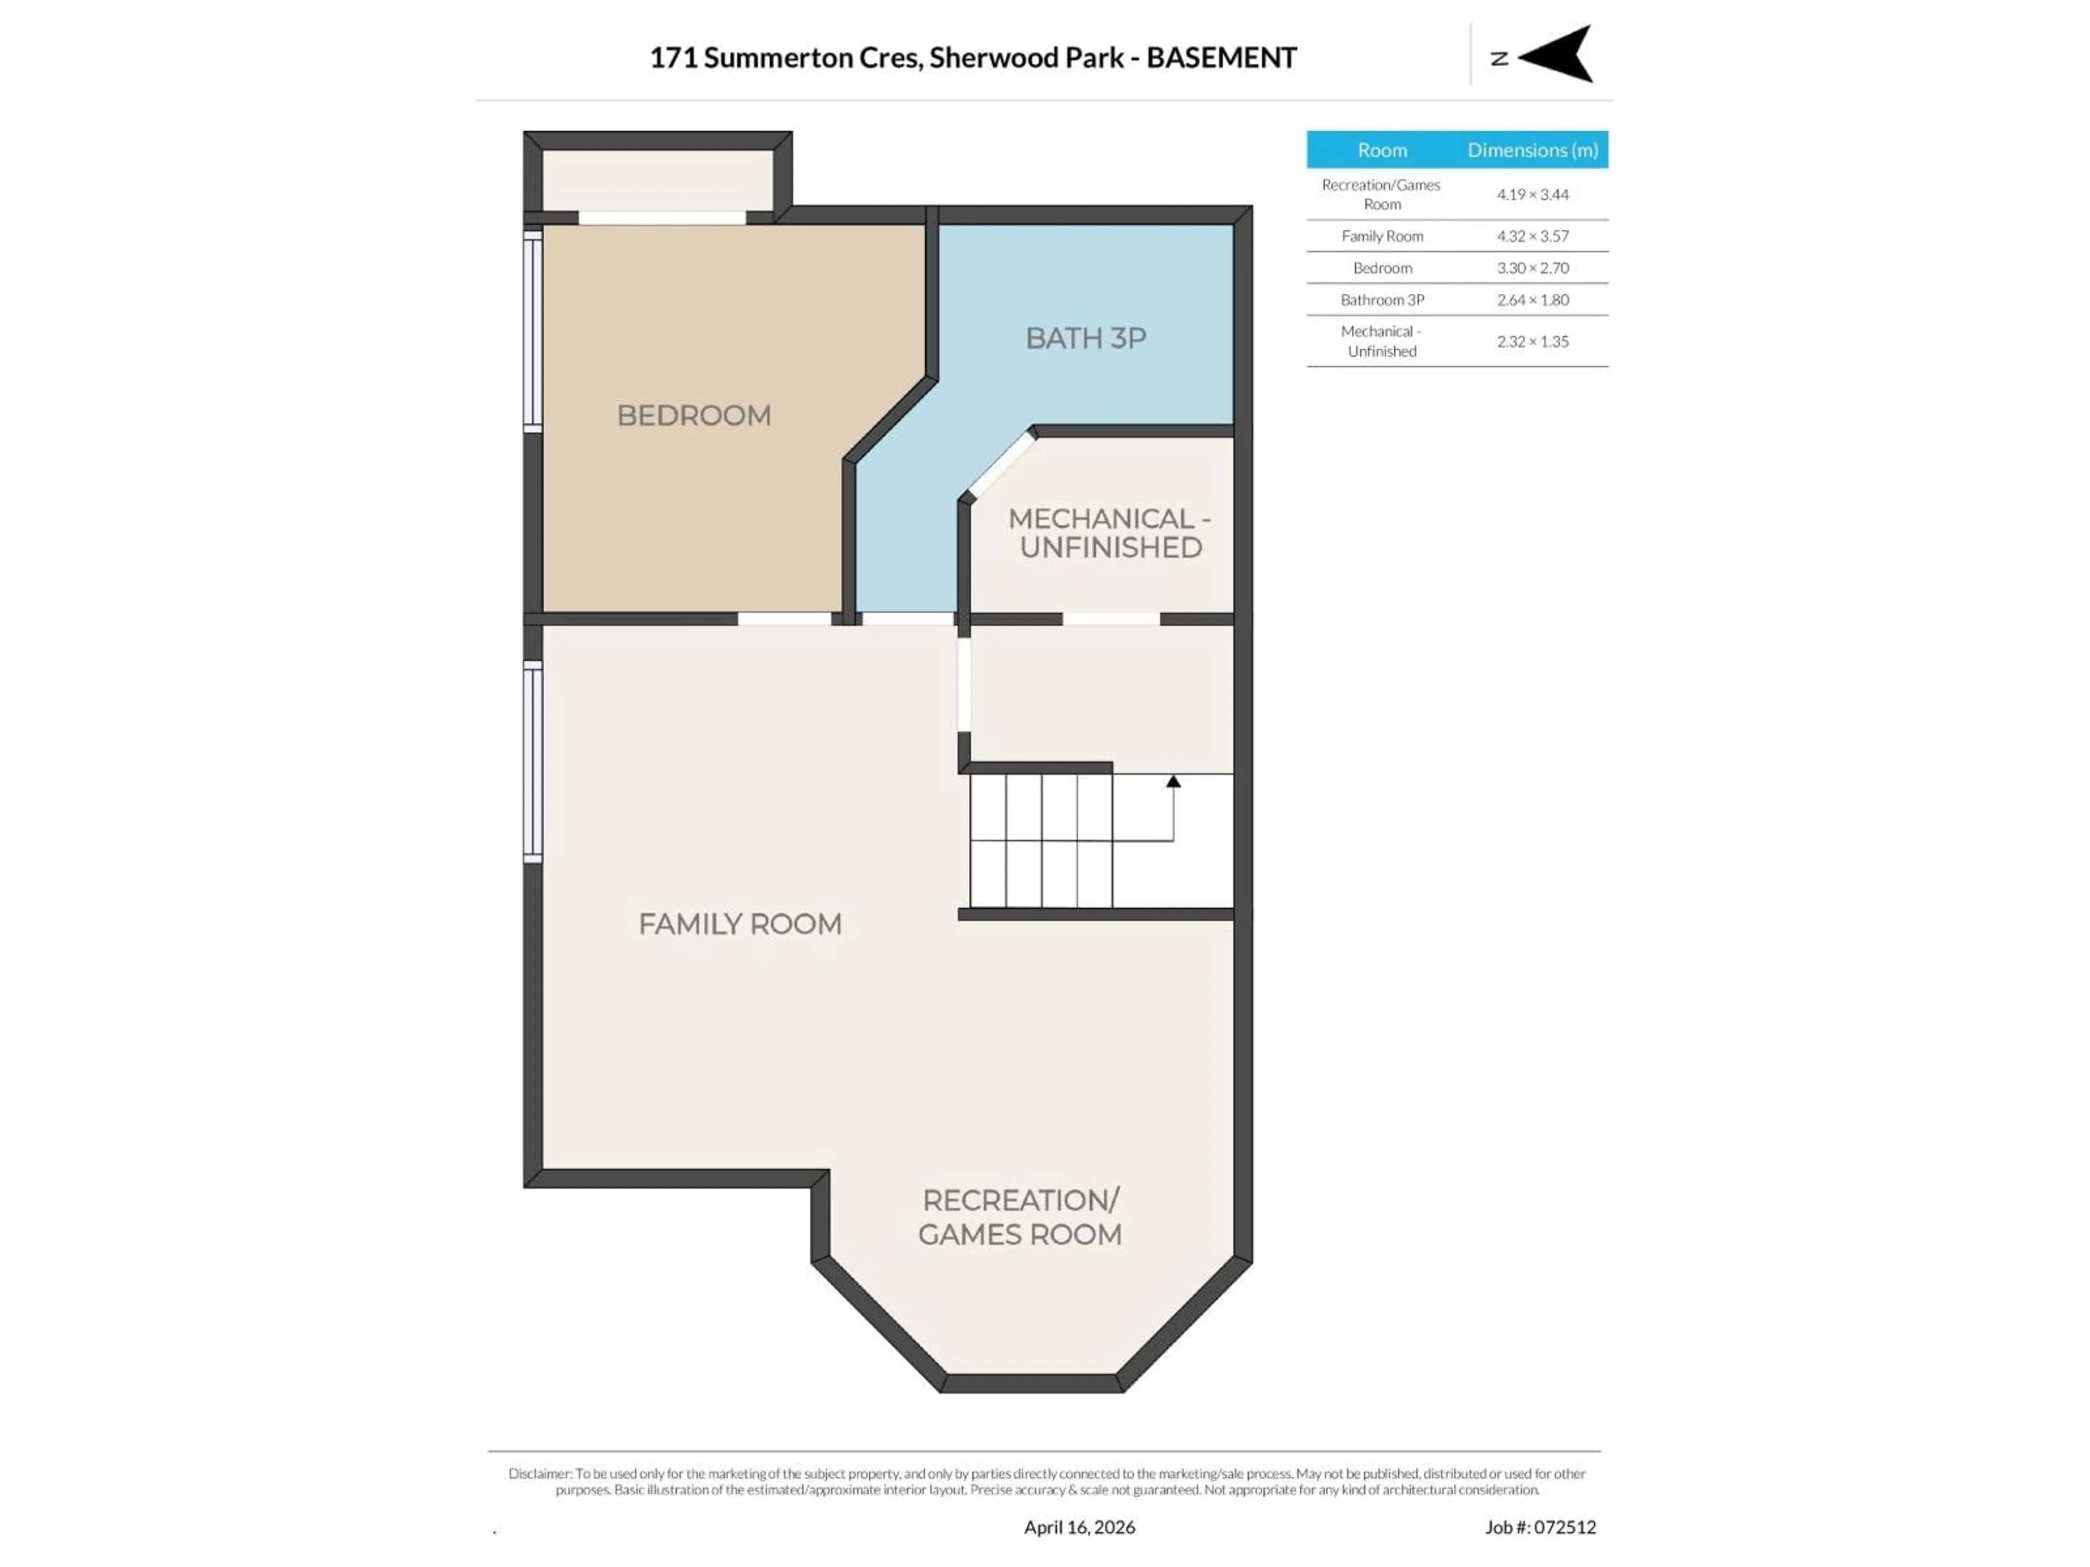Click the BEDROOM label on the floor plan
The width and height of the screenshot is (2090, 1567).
click(x=693, y=416)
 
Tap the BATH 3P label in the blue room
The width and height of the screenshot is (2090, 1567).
click(x=1086, y=338)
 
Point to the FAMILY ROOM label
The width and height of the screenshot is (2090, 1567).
click(x=740, y=924)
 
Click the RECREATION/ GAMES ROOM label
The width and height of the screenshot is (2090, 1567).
click(x=1019, y=1217)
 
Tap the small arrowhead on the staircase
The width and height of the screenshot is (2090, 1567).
click(x=1172, y=781)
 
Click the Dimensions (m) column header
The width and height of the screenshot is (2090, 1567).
click(x=1532, y=150)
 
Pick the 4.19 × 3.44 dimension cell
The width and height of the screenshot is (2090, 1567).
click(x=1532, y=195)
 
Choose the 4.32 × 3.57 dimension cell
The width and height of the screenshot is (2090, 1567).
click(x=1532, y=236)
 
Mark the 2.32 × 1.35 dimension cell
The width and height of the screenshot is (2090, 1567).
click(x=1532, y=342)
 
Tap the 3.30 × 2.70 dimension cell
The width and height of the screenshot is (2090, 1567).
click(x=1532, y=268)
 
